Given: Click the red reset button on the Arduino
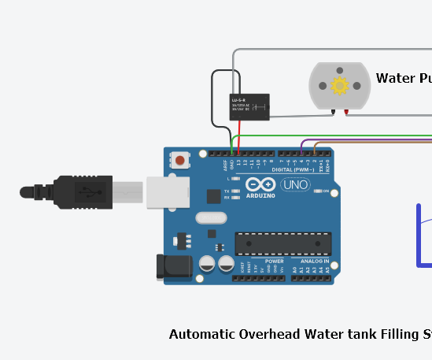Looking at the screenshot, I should (180, 161).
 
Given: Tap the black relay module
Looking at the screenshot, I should (249, 106).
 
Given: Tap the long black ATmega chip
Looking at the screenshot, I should (282, 243).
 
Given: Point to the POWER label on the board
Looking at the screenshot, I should (275, 261).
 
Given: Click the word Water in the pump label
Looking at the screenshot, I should (395, 78).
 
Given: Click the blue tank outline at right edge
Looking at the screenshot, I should (419, 236).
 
